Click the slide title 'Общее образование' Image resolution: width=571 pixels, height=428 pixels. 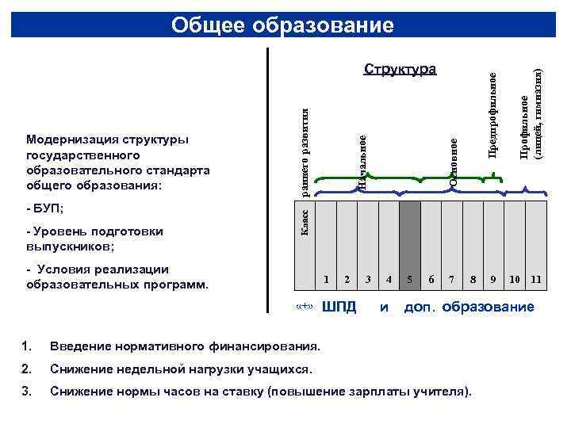282,25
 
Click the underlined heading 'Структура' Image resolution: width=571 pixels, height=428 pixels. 400,70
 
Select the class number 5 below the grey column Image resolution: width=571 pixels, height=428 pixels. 409,279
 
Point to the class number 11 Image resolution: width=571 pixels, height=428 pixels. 536,279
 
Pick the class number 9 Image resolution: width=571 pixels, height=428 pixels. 493,279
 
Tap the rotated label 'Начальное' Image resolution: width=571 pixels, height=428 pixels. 362,163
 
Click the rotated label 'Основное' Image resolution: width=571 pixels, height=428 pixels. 453,163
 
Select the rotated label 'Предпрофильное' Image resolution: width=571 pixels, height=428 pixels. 492,115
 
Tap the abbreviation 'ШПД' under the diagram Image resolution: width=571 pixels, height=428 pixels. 339,307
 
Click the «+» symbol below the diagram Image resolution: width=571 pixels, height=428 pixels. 305,307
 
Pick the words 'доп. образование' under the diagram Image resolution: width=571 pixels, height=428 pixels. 469,307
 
